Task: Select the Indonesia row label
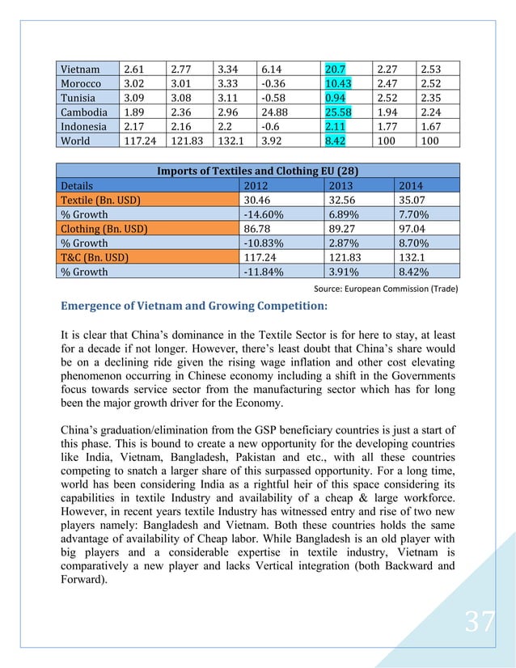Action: click(85, 126)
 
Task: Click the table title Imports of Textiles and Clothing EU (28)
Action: click(257, 171)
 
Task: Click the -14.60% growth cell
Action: click(264, 214)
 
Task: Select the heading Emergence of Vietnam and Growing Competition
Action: click(193, 306)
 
